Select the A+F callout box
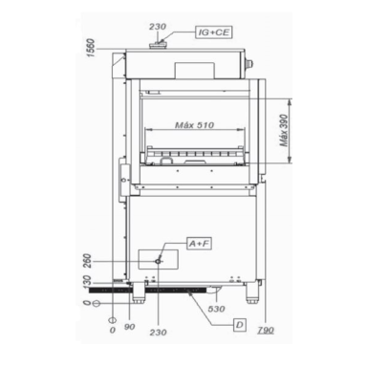pyautogui.click(x=199, y=246)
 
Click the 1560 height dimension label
pyautogui.click(x=89, y=45)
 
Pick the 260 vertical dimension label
pyautogui.click(x=89, y=261)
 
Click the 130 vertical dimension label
pyautogui.click(x=89, y=285)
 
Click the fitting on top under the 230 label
pyautogui.click(x=159, y=42)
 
